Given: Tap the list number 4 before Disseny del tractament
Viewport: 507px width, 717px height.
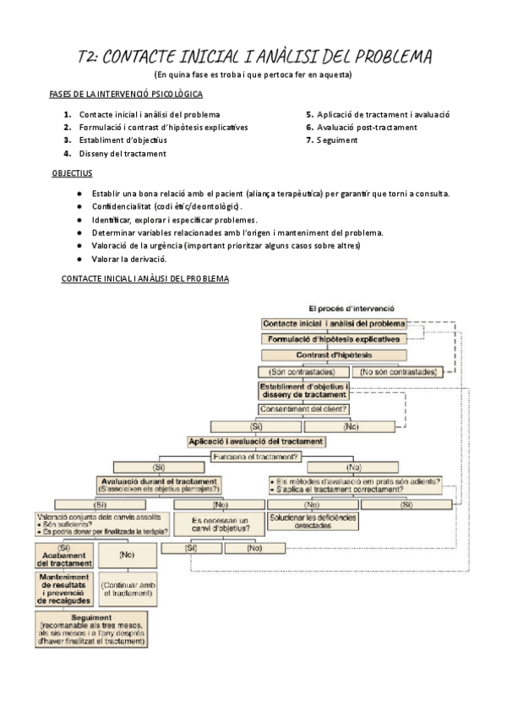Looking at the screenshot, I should [67, 154].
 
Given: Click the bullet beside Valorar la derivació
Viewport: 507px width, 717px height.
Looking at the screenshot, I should [79, 259].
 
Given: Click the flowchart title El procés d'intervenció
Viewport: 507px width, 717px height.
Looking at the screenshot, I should [352, 309].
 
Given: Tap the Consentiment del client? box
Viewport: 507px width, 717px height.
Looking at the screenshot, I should [304, 409].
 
